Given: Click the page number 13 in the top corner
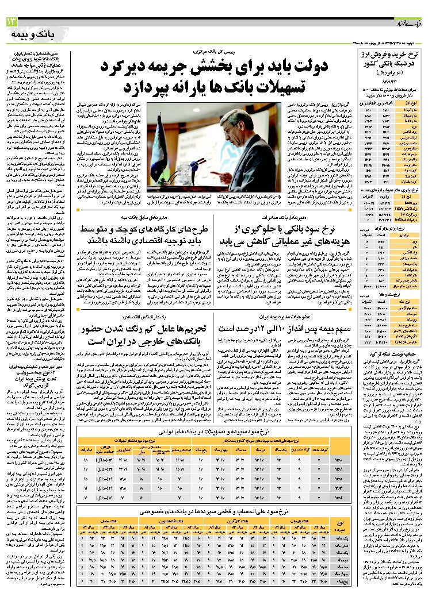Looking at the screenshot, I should point(12,22).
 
